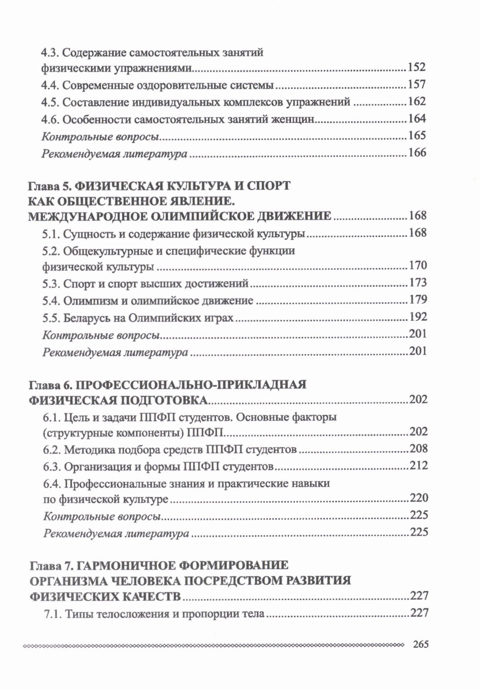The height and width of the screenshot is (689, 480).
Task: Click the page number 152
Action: point(416,67)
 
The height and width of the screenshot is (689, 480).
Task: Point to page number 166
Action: point(417,153)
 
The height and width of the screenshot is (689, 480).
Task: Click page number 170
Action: point(418,265)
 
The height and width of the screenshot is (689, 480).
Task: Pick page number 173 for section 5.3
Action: point(418,283)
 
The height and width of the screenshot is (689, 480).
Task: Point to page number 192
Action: point(418,317)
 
